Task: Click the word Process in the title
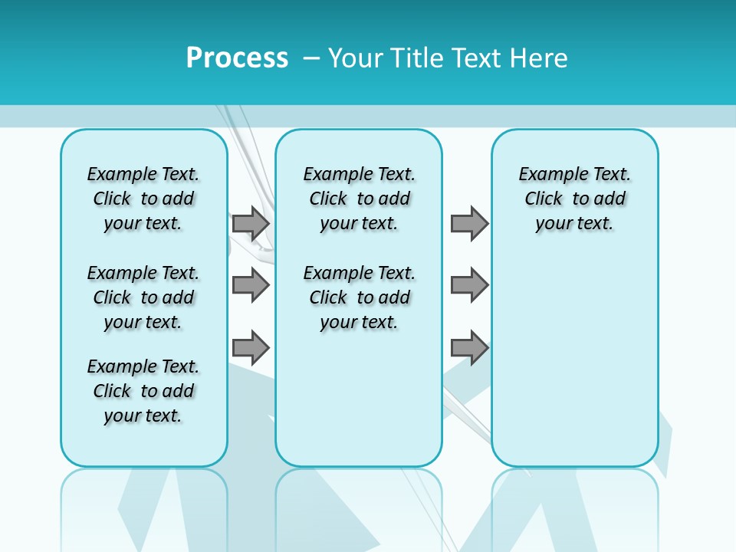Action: click(237, 58)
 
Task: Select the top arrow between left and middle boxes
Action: click(251, 224)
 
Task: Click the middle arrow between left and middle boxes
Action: click(251, 286)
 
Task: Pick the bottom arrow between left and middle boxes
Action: click(251, 347)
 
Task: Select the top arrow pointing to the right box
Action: click(469, 224)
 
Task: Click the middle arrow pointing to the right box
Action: click(469, 286)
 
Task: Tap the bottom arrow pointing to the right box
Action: click(469, 347)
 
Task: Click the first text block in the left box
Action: click(143, 199)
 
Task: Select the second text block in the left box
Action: click(143, 297)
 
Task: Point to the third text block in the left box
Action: click(143, 391)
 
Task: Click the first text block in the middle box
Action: click(359, 199)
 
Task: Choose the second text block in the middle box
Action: click(359, 297)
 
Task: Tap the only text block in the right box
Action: click(575, 199)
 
